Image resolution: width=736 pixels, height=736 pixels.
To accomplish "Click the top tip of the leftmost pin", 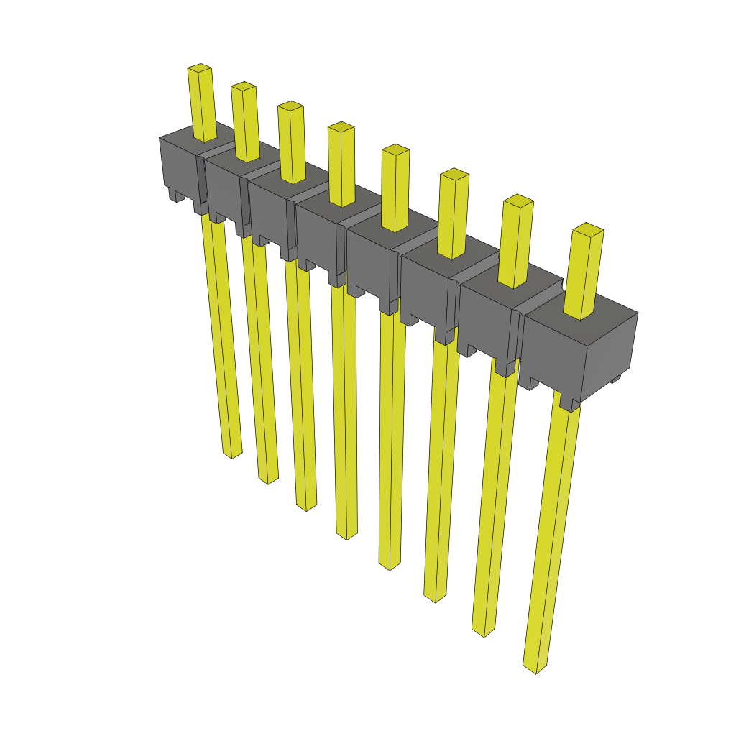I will (x=200, y=68).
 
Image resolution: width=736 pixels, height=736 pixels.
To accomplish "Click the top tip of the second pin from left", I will (x=244, y=86).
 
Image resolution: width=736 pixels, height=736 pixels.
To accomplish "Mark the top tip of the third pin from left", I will (x=290, y=106).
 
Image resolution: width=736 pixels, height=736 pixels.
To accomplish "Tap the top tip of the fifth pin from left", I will (x=395, y=149).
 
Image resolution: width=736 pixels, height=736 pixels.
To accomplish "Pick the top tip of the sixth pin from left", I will (x=454, y=174).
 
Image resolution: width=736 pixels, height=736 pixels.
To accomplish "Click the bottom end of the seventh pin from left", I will (x=483, y=631).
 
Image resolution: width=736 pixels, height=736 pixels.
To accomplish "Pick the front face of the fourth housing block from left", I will (x=316, y=234).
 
